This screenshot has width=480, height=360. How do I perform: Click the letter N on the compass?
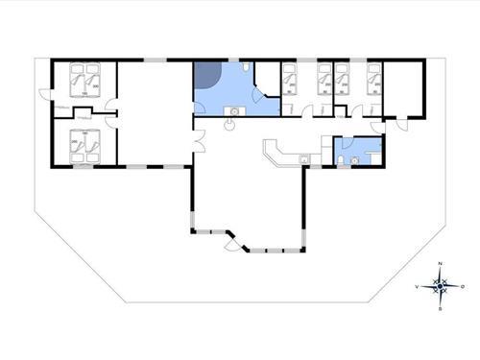tap(440, 263)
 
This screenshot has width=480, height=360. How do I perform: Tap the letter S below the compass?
tap(440, 309)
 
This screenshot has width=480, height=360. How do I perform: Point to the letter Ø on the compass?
tap(464, 286)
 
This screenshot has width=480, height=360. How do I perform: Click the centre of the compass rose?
tap(440, 286)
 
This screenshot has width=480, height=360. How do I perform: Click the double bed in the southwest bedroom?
tap(84, 145)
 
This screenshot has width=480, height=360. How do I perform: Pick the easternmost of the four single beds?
tap(374, 79)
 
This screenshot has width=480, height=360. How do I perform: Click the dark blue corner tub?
tap(208, 76)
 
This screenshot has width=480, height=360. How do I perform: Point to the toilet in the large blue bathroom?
tap(248, 68)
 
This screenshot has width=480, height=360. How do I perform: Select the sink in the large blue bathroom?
tap(233, 110)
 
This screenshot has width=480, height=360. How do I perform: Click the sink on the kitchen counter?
tap(302, 156)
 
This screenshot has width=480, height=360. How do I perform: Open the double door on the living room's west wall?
tap(196, 144)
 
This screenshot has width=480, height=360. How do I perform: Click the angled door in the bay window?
tap(233, 245)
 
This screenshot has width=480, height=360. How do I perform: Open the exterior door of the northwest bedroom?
tap(44, 93)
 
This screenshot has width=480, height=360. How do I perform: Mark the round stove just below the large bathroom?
tap(232, 124)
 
